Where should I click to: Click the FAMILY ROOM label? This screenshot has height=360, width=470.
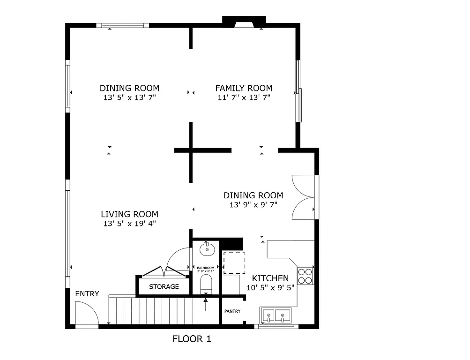click(244, 88)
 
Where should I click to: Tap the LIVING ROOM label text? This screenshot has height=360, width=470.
click(129, 214)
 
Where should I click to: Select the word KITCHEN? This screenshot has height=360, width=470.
click(270, 278)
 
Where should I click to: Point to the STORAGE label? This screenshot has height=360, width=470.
click(164, 286)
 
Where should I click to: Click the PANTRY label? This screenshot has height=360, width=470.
click(232, 311)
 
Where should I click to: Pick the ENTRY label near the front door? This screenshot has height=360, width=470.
click(87, 294)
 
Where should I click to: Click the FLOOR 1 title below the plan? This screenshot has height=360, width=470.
click(192, 339)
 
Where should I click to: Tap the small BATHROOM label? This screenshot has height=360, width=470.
click(206, 268)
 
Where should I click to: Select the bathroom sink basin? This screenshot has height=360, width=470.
click(207, 249)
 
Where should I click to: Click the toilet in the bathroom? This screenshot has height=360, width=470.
click(206, 284)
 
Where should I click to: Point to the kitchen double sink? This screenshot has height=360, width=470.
click(276, 315)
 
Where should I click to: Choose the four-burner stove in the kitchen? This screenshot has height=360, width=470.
click(305, 276)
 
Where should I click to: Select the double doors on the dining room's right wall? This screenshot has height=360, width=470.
click(303, 197)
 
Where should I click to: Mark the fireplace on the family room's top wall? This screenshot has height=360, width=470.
click(244, 22)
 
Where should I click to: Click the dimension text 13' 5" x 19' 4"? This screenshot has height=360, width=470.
click(129, 224)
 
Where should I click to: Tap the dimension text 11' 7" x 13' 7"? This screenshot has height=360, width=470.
click(244, 97)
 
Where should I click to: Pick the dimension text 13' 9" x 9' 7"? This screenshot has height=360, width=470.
click(253, 205)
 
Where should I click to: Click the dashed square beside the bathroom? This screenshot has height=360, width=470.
click(233, 263)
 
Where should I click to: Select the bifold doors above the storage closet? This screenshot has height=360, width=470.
click(163, 271)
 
